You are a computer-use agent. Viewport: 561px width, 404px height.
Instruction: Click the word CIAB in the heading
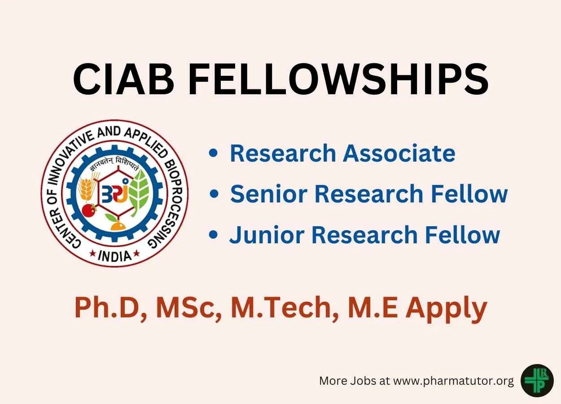tap(123, 79)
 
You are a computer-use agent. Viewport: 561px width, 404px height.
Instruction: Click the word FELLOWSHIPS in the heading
tap(338, 79)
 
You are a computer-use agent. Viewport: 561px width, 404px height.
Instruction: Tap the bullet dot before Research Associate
tap(213, 153)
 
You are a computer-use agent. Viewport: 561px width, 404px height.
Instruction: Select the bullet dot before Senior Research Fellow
tap(214, 193)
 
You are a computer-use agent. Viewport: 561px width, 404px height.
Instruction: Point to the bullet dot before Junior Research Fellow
tap(213, 235)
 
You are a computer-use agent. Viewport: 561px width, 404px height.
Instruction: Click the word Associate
tap(399, 153)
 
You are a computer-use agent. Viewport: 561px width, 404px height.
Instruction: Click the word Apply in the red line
tap(446, 308)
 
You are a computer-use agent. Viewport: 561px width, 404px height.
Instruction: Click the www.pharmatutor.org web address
tap(453, 381)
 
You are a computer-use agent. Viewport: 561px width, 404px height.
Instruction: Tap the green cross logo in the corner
tap(537, 381)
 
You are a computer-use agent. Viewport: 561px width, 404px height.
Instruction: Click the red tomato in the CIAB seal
tap(89, 210)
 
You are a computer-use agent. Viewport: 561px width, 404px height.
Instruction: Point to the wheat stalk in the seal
tap(87, 187)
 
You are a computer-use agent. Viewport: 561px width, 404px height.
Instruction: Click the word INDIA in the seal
tap(115, 256)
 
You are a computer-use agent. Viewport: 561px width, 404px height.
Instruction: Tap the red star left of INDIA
tap(92, 254)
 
